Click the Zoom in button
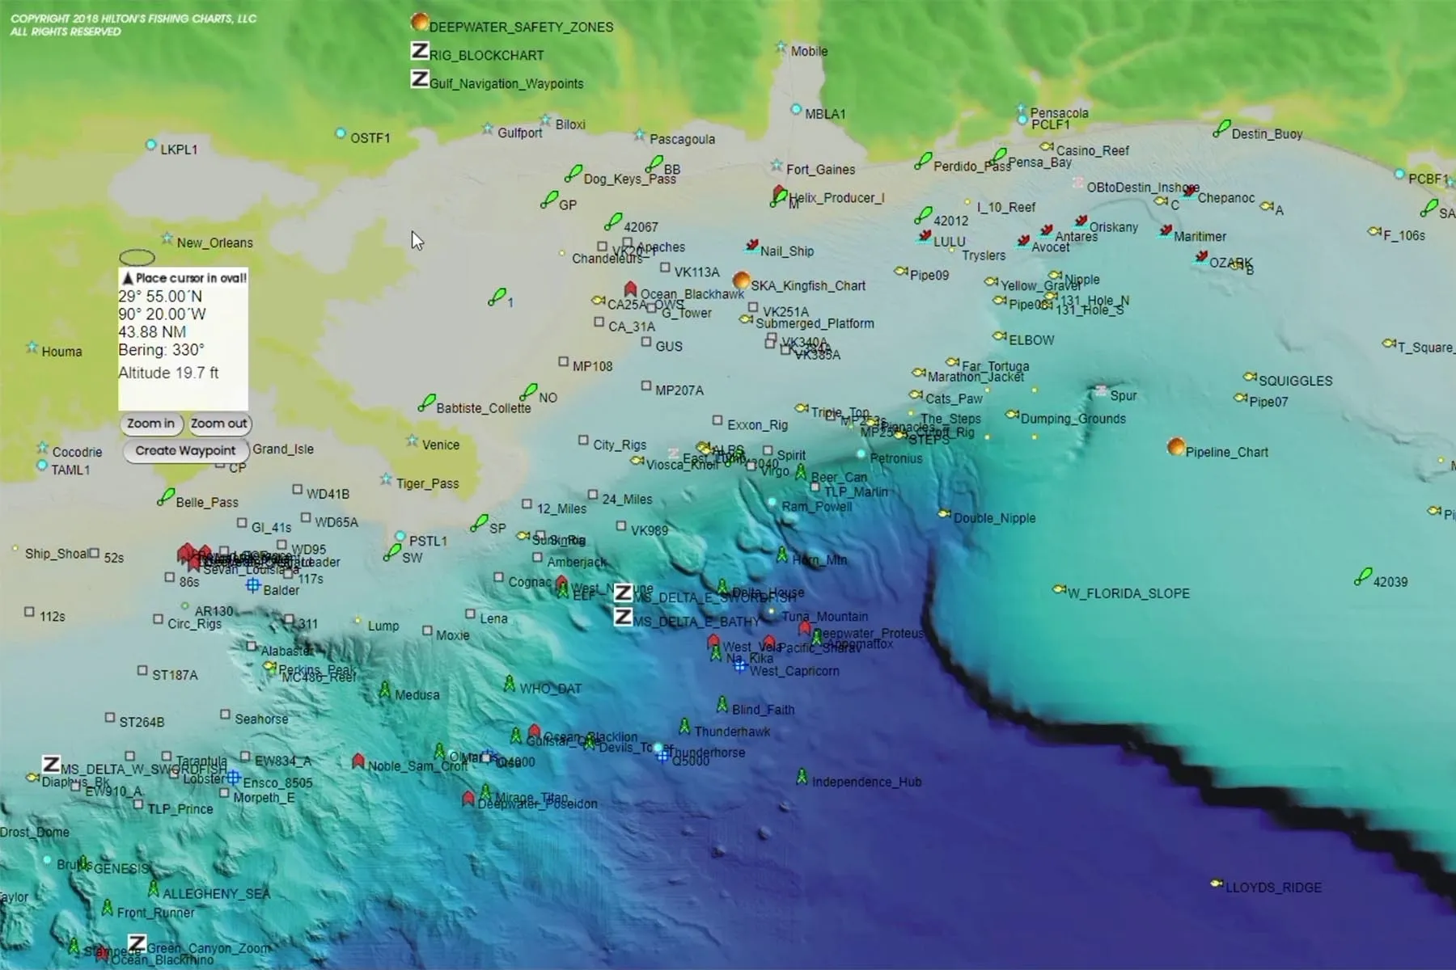tap(150, 424)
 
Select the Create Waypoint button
tap(185, 451)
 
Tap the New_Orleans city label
tap(214, 242)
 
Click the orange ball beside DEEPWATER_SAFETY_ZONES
tap(419, 22)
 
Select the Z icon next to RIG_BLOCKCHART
tap(419, 51)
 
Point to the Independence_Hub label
tap(866, 782)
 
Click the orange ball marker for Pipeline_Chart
tap(1176, 447)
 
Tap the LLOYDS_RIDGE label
tap(1273, 888)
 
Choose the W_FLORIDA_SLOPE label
tap(1128, 593)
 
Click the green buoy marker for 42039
tap(1363, 576)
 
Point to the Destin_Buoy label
tap(1267, 134)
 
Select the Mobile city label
tap(809, 51)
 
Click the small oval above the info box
tap(137, 257)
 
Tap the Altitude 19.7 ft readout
tap(168, 373)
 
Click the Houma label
tap(61, 352)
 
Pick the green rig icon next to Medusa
tap(385, 690)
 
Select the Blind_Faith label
tap(763, 710)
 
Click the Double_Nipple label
tap(994, 518)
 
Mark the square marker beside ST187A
tap(142, 671)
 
